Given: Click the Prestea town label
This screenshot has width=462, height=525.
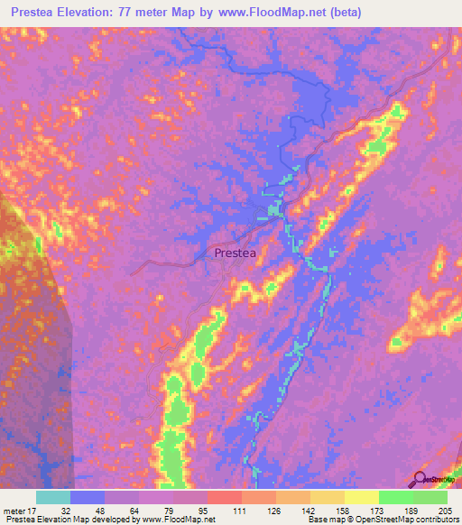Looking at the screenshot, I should [x=236, y=254].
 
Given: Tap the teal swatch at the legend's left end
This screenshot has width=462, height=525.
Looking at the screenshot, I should [x=52, y=497].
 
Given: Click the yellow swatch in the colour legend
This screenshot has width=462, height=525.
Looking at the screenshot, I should [x=361, y=497].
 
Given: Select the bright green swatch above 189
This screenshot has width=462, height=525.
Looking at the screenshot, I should [x=395, y=497].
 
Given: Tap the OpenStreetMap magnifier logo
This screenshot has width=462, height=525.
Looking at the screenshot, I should [x=420, y=479].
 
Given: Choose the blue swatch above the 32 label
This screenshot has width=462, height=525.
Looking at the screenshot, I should [x=87, y=497].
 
